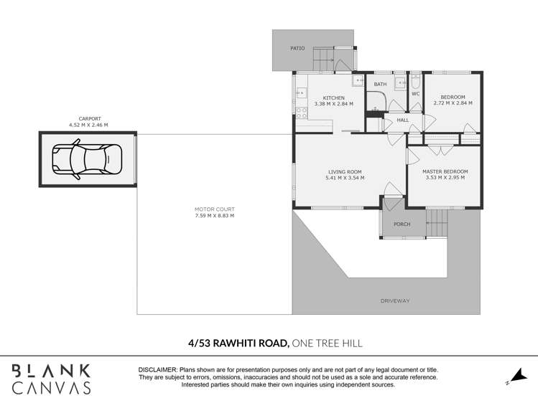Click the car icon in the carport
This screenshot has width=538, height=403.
point(87,158)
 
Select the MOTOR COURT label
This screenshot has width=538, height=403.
point(214,209)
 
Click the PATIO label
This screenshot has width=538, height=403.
point(297,48)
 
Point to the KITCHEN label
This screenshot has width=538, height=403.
point(333,98)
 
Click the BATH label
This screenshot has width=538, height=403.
point(380,85)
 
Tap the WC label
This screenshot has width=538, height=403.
point(415,94)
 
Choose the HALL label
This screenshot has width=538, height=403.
point(403,120)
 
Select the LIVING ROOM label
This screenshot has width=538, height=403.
point(345,171)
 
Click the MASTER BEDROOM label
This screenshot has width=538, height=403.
point(445,171)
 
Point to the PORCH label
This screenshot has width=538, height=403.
point(402,224)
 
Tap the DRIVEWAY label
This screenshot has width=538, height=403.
point(395,300)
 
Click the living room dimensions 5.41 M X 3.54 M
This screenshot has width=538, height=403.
point(345,178)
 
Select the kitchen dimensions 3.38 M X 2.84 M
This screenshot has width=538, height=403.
point(333,104)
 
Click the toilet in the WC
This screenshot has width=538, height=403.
point(415,80)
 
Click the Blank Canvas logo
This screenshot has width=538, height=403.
point(51,379)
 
